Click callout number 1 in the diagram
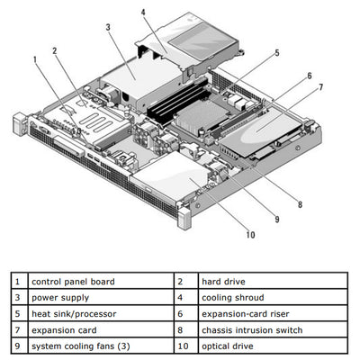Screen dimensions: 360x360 (36, 60)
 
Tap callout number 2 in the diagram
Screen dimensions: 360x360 (55, 51)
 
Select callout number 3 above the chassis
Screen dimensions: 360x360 (108, 28)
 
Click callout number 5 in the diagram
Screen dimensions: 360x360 (277, 53)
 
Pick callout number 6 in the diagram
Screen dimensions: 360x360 (309, 76)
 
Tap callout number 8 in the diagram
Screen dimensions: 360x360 (300, 204)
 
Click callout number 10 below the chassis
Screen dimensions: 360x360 (249, 235)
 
